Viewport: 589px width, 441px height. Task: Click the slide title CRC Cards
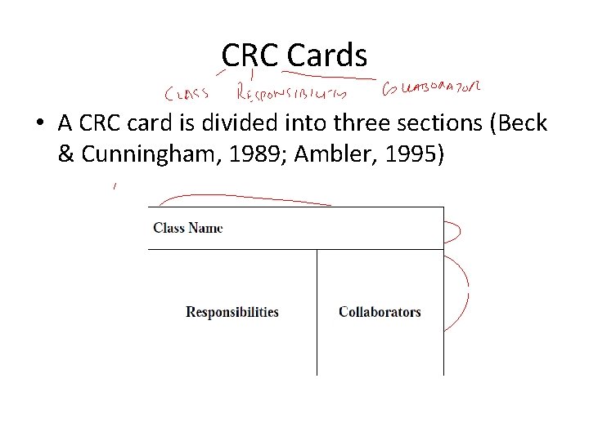point(294,56)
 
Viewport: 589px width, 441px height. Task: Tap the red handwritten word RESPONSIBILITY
point(290,92)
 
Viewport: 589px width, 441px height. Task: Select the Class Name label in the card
point(187,228)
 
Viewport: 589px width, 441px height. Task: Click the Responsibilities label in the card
point(232,312)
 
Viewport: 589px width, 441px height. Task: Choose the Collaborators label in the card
point(380,312)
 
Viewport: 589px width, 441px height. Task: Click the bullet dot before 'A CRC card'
point(39,125)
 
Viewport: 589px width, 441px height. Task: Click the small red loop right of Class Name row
point(455,230)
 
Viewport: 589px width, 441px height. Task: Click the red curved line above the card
point(245,198)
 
